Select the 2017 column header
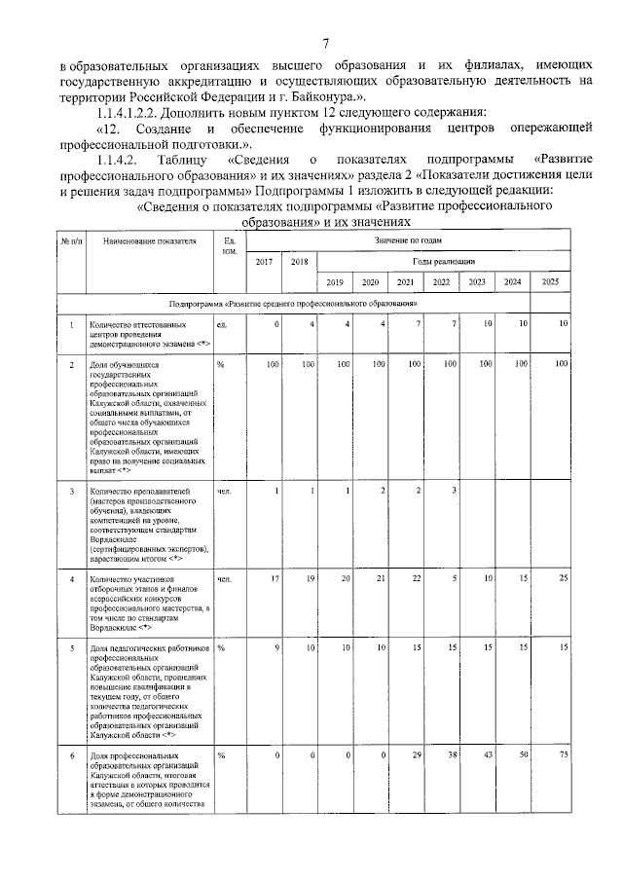point(264,261)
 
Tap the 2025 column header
point(550,282)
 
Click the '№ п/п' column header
point(70,239)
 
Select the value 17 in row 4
point(275,578)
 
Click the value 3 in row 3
point(454,489)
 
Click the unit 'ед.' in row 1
point(222,323)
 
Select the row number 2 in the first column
point(70,364)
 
